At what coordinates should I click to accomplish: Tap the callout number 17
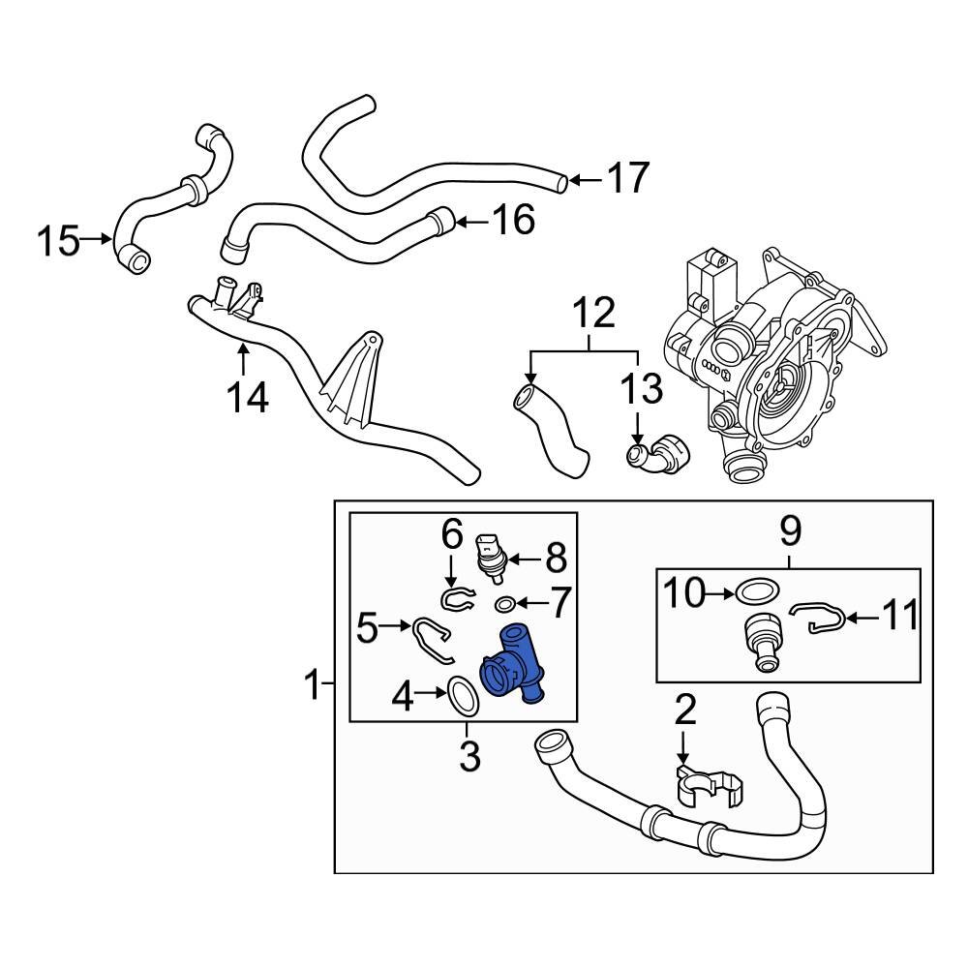click(x=627, y=179)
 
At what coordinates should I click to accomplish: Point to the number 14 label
click(x=249, y=396)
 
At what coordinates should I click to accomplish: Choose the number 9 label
click(x=790, y=530)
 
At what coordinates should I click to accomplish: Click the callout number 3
click(x=469, y=756)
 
